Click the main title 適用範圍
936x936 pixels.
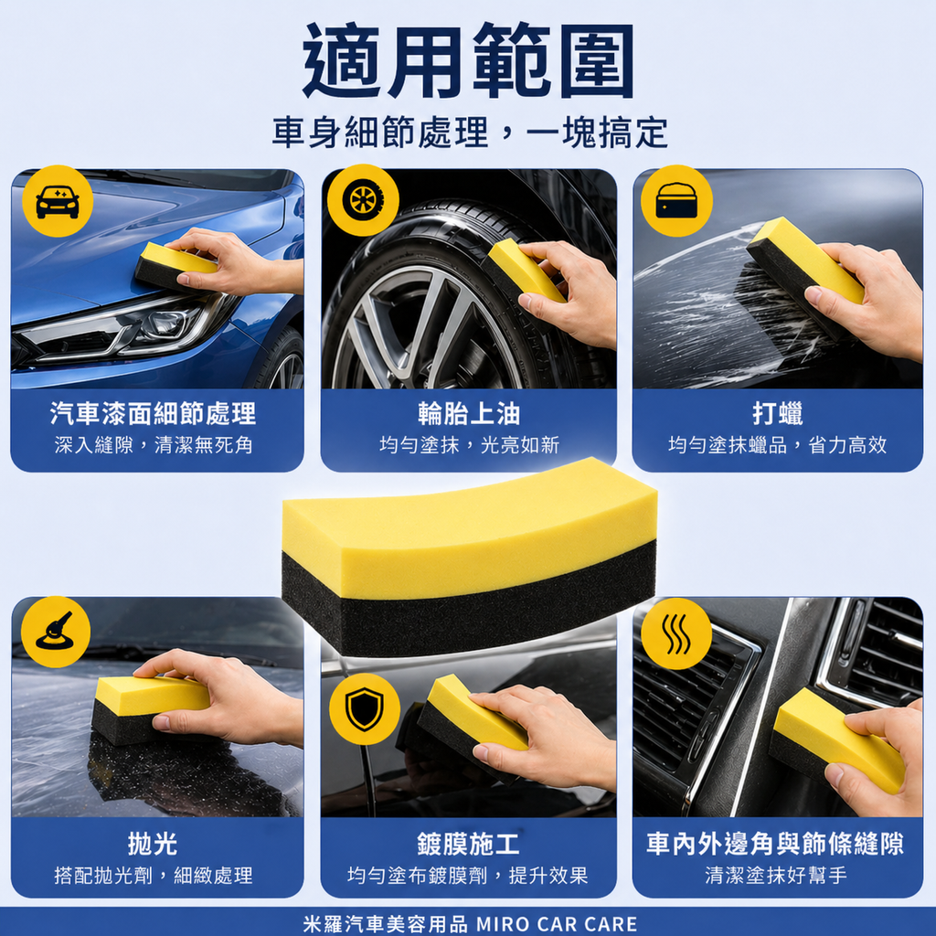pyautogui.click(x=468, y=61)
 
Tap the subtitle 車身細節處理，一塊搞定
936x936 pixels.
pyautogui.click(x=468, y=133)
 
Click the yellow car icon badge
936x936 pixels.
pyautogui.click(x=58, y=201)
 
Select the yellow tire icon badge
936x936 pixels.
pyautogui.click(x=363, y=200)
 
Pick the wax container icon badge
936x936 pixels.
pyautogui.click(x=676, y=200)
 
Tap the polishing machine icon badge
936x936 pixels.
pyautogui.click(x=55, y=632)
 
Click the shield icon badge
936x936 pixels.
pyautogui.click(x=364, y=709)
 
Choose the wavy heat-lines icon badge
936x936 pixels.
pyautogui.click(x=676, y=633)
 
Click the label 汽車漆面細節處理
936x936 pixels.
pyautogui.click(x=153, y=414)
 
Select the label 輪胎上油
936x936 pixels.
pyautogui.click(x=469, y=414)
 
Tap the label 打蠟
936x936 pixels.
pyautogui.click(x=778, y=414)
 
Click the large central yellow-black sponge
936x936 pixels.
pyautogui.click(x=469, y=558)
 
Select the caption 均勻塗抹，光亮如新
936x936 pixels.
pyautogui.click(x=469, y=445)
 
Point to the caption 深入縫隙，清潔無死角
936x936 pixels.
pyautogui.click(x=153, y=445)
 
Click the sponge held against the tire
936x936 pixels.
pyautogui.click(x=523, y=272)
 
